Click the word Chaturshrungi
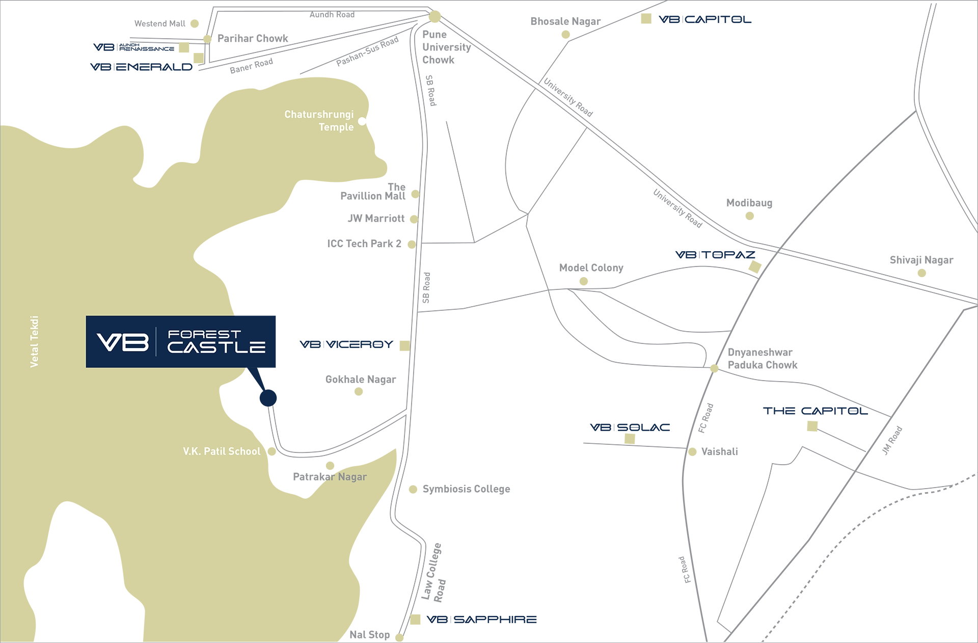(x=318, y=115)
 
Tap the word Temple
(x=336, y=127)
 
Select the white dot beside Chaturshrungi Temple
(x=362, y=121)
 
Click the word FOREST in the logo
(x=204, y=334)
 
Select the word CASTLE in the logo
(x=216, y=347)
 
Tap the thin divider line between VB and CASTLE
(x=156, y=341)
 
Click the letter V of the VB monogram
(x=107, y=342)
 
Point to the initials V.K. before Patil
(x=192, y=451)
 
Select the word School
(x=244, y=451)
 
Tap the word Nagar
(x=352, y=477)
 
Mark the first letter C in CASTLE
(x=175, y=347)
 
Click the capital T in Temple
(x=322, y=127)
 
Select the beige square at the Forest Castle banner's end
(x=404, y=346)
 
